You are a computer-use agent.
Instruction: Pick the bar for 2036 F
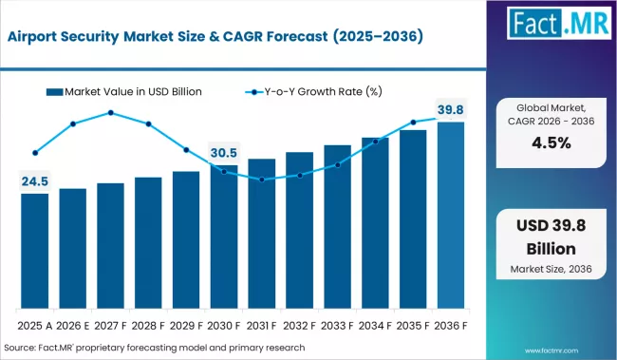tap(450, 218)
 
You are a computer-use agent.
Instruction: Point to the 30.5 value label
tap(224, 152)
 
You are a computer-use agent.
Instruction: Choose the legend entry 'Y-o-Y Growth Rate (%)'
tap(314, 92)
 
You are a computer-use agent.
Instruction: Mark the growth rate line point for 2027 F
tap(110, 113)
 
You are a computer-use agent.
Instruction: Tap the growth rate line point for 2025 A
tap(34, 152)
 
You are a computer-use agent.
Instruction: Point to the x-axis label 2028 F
tap(148, 325)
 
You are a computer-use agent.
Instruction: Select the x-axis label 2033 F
tap(337, 325)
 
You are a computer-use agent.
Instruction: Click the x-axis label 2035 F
tap(413, 325)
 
